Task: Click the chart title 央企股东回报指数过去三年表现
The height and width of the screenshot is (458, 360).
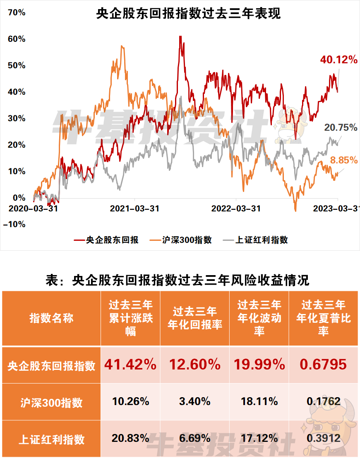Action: coord(188,14)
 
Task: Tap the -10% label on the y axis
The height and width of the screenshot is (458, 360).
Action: coord(14,224)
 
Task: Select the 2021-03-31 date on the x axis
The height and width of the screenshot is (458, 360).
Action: coord(134,209)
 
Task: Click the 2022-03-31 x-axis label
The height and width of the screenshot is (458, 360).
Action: coord(236,209)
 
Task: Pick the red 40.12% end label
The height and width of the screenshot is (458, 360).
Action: coord(338,60)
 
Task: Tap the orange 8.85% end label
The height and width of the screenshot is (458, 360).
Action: coord(343,160)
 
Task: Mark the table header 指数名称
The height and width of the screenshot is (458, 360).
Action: coord(51,318)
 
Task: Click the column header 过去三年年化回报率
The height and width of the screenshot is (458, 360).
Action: coord(194,318)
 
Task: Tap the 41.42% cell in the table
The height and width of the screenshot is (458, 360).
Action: coord(130,364)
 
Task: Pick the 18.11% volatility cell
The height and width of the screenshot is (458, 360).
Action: coord(259,401)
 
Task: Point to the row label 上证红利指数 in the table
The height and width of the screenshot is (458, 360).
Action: coord(51,439)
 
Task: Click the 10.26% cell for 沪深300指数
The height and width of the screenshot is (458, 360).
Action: coord(130,401)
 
